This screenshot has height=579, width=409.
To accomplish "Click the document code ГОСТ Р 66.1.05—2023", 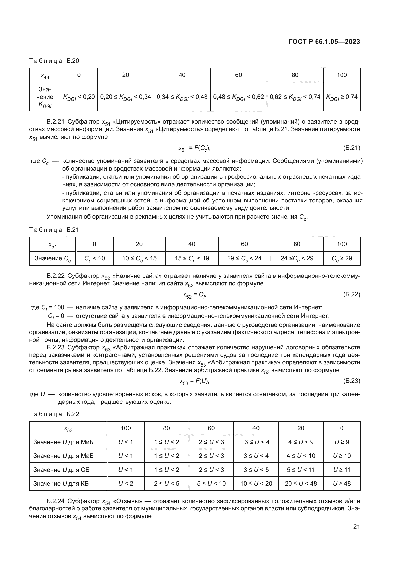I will tap(324, 42).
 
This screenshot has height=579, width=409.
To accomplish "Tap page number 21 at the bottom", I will tap(356, 527).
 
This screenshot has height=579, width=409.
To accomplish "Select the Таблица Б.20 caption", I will tap(54, 61).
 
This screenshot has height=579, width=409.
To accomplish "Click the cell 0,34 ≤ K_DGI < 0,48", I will tap(182, 97).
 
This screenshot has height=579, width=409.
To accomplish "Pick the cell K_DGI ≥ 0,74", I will tap(341, 97).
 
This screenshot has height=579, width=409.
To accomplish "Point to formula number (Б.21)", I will tap(352, 148).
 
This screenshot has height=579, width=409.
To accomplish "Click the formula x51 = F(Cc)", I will tap(194, 148).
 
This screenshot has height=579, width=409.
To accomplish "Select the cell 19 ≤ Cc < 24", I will tap(244, 258).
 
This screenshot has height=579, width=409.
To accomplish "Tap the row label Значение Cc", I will tap(53, 258).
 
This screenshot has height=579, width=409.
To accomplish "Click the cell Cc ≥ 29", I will tap(341, 258).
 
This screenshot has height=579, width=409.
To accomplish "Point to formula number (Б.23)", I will tap(352, 381).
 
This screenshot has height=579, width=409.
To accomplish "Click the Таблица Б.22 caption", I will tap(54, 414).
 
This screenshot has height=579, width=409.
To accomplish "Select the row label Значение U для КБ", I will tap(61, 483).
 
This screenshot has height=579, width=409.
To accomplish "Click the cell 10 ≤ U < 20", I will tap(256, 483).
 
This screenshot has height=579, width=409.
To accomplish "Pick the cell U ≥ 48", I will tap(341, 483).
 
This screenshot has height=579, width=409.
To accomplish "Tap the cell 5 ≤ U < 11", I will tap(301, 470).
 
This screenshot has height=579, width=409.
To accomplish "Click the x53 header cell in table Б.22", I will tap(68, 428).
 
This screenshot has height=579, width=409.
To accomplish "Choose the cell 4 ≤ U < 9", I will tap(301, 442).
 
